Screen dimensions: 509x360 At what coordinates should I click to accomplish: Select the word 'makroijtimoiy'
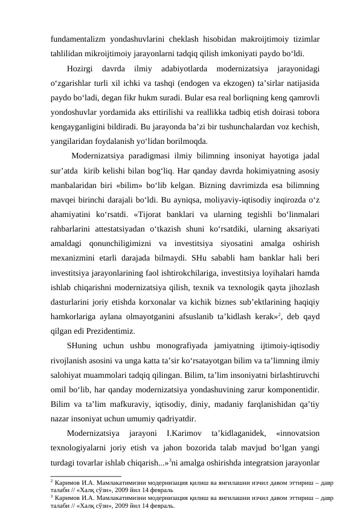[x=263, y=37]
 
